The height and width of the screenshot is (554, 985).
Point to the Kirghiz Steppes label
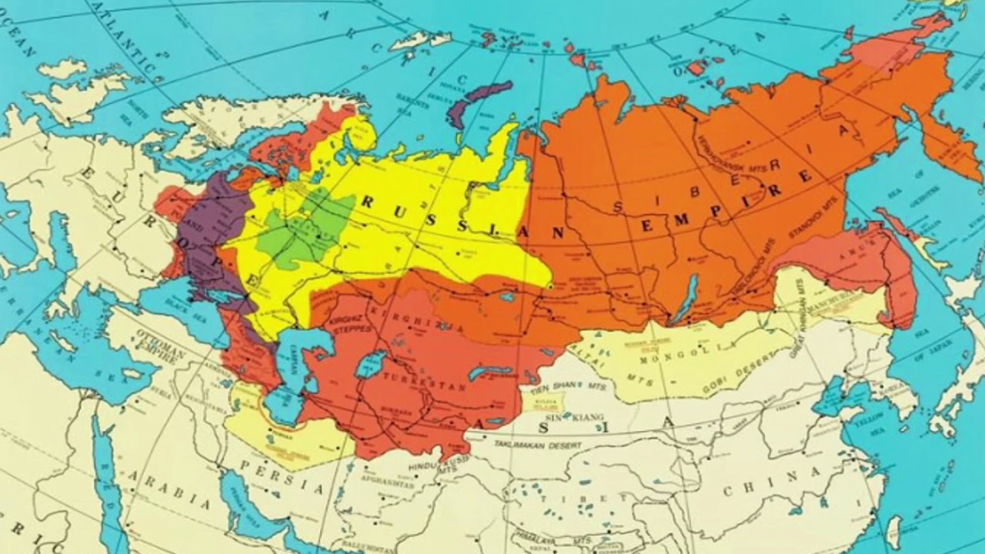pos(351,324)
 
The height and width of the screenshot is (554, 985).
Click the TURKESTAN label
pos(401,381)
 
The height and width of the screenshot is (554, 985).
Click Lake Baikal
pos(686,299)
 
